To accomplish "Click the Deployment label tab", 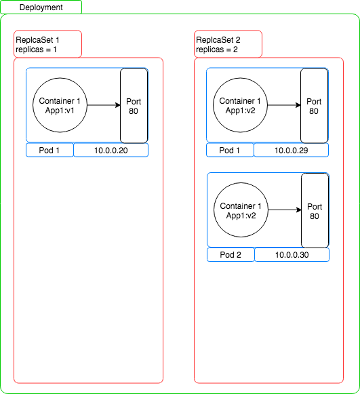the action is (x=41, y=7).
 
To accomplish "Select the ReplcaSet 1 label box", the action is (x=47, y=44).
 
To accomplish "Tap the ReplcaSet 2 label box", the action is (x=228, y=44).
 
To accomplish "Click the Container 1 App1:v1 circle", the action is (x=60, y=105).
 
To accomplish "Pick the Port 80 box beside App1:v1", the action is (x=134, y=106).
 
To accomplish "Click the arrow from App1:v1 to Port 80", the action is (x=104, y=105).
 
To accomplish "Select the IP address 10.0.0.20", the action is (x=111, y=151).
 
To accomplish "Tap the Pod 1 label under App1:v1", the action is (x=49, y=151).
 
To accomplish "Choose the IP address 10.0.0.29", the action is (x=291, y=151).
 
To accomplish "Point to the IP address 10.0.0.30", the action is (x=292, y=255).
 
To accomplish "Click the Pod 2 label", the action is (x=231, y=255).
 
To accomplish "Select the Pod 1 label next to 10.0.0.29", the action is (x=230, y=151).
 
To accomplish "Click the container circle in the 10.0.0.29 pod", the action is (x=240, y=105).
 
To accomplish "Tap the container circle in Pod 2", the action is (x=241, y=210).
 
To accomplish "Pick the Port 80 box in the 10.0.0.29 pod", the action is (x=315, y=106).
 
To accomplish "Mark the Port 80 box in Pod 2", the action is (x=315, y=211).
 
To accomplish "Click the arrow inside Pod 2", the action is (x=285, y=210).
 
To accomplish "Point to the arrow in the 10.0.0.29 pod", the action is (x=284, y=105).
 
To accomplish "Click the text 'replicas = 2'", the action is (x=217, y=50).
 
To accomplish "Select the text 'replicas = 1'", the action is (x=36, y=50).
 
